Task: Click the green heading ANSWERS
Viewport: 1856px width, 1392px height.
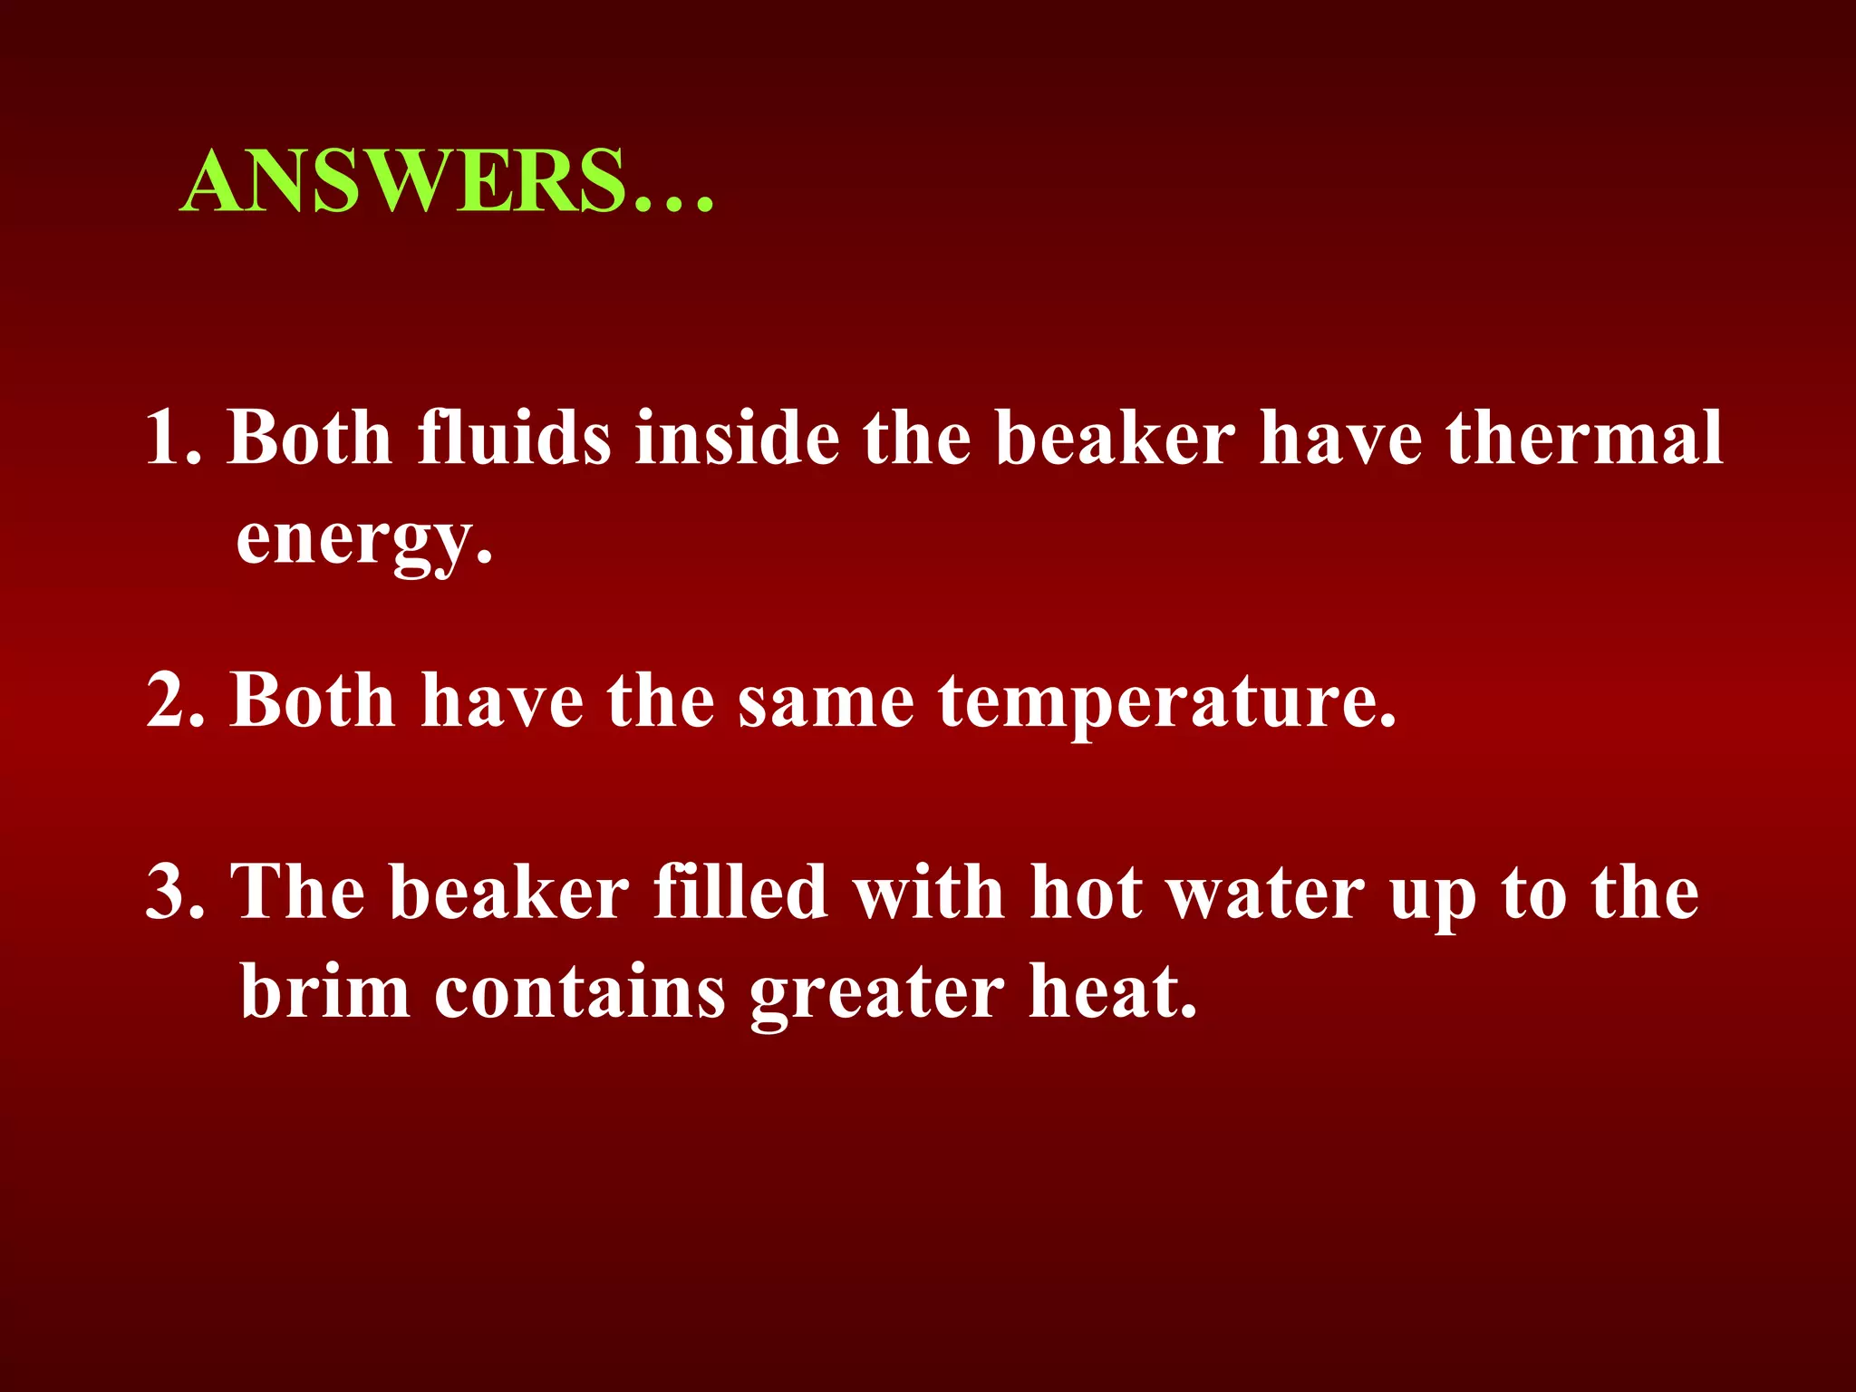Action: (448, 182)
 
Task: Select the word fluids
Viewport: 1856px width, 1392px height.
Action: (514, 438)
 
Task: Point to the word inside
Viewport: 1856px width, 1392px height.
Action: (737, 438)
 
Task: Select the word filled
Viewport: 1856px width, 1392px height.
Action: (740, 893)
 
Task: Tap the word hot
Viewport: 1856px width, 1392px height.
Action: (1087, 893)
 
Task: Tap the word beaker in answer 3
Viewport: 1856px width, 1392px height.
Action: (509, 893)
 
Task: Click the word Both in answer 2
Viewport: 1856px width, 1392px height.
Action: (313, 701)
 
